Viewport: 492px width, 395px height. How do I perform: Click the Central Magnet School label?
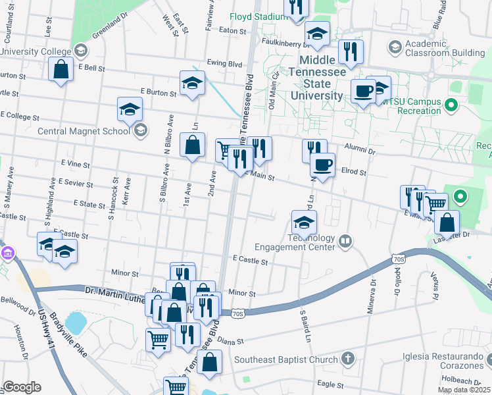84,131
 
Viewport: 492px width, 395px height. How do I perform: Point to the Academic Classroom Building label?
445,47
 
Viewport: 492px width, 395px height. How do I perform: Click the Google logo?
22,387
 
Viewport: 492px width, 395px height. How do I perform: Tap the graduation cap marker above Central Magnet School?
130,109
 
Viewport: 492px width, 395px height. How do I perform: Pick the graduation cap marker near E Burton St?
191,83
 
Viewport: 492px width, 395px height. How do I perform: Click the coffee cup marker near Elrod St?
322,165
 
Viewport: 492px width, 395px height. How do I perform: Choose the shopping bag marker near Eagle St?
209,361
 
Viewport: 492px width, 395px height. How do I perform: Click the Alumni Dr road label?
362,151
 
